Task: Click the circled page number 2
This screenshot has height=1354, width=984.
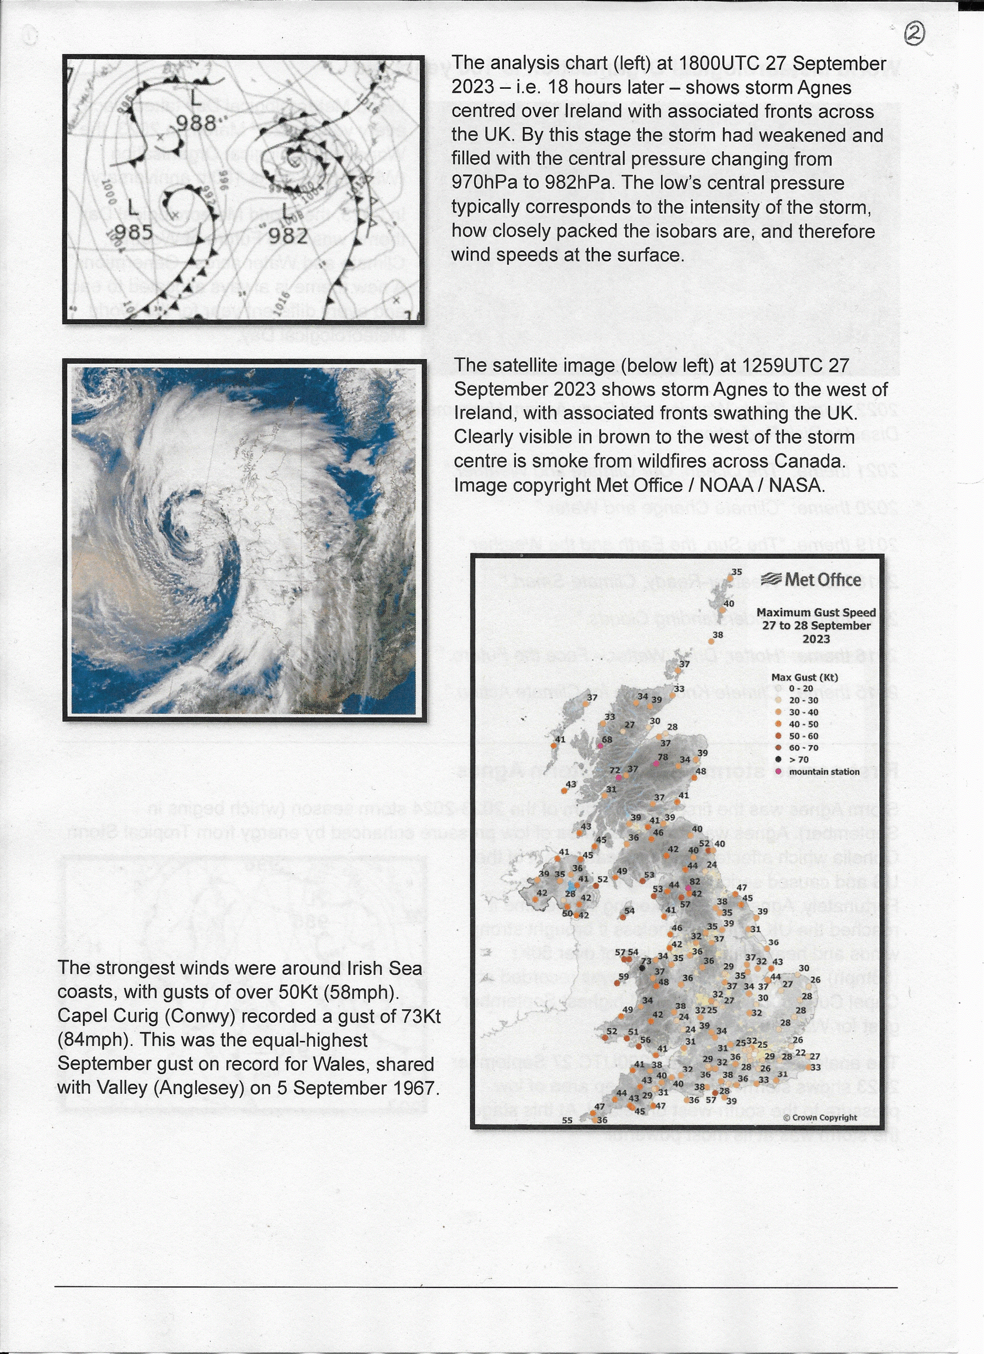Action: (x=914, y=34)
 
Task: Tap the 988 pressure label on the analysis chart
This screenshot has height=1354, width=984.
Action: (x=196, y=124)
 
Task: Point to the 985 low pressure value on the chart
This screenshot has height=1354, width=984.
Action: (x=134, y=232)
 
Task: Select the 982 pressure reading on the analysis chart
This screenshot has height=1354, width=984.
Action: (x=288, y=236)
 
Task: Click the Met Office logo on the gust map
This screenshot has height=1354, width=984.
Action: (x=811, y=580)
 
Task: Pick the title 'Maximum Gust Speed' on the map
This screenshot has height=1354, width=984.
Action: (x=816, y=612)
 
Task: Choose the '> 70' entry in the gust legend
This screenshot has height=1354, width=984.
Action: (x=798, y=760)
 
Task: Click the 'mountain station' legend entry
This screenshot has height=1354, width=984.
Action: (x=823, y=772)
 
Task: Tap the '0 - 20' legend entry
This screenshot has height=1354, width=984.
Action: (x=800, y=688)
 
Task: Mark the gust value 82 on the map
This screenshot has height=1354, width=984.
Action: (x=695, y=882)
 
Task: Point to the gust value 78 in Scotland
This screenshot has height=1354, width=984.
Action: (x=663, y=757)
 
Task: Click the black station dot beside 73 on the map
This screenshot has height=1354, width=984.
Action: (x=642, y=968)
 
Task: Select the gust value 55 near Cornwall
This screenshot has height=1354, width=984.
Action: (x=567, y=1121)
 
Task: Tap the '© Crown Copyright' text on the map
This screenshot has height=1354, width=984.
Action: (x=820, y=1118)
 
